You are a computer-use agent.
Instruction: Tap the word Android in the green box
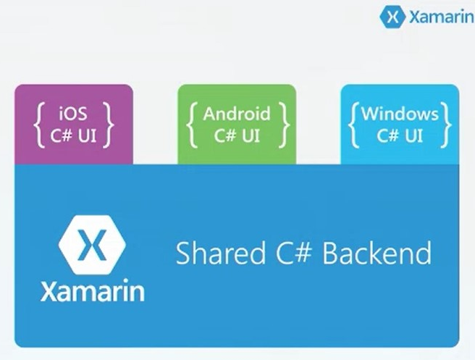(237, 114)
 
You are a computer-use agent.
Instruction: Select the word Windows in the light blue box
(400, 114)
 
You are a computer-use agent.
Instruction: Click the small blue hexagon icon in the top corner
(392, 17)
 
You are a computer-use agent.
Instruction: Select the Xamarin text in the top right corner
(442, 17)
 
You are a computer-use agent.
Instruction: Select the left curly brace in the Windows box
(353, 125)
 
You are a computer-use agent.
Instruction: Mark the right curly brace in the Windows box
(447, 125)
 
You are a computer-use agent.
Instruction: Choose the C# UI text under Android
(237, 135)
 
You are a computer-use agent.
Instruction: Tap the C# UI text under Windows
(400, 135)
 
